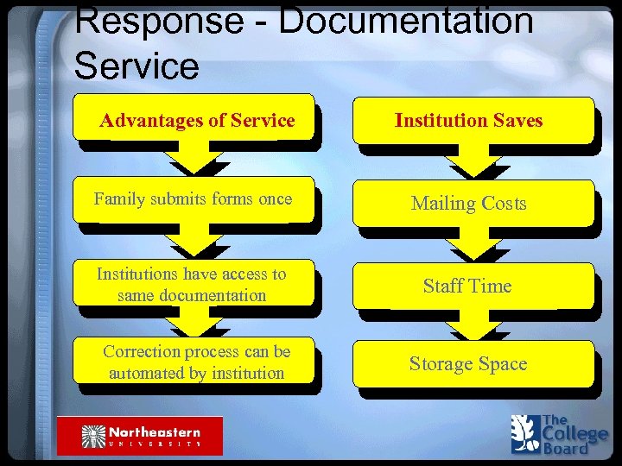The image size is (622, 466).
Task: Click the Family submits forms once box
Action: (194, 200)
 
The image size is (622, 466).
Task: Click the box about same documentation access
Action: (192, 284)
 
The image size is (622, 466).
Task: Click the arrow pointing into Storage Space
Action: (471, 325)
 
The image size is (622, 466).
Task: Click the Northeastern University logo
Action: (140, 436)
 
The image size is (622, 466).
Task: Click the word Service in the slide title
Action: (136, 65)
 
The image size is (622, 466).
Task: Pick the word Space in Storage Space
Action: (501, 364)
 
